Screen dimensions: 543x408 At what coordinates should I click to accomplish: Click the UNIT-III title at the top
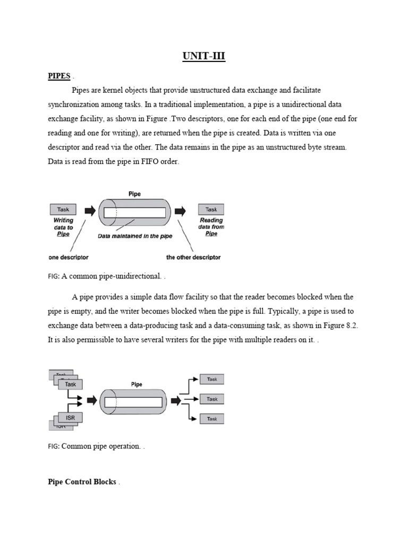[203, 56]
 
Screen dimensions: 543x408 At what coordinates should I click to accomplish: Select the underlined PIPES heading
[59, 76]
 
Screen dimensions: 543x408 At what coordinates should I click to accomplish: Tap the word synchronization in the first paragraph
[79, 104]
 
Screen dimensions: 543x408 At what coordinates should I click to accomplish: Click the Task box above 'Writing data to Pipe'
[63, 209]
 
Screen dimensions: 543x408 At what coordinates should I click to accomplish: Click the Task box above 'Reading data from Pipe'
[211, 209]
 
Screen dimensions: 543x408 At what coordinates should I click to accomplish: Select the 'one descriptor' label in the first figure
[68, 257]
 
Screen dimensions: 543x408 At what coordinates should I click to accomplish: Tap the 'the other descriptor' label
[193, 257]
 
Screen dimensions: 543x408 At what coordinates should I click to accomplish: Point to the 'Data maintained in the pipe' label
[134, 237]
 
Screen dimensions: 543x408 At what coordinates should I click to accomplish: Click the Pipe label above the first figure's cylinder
[134, 194]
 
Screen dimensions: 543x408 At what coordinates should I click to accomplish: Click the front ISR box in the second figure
[70, 418]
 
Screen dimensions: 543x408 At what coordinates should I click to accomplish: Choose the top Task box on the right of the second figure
[211, 379]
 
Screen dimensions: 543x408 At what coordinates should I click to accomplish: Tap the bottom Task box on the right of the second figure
[211, 419]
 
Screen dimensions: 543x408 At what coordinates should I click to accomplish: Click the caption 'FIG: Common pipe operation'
[96, 446]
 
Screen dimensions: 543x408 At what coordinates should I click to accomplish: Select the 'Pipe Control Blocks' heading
[82, 482]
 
